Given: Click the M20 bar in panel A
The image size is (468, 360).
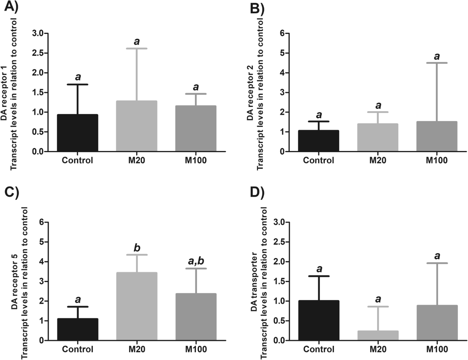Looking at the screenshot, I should click(136, 126).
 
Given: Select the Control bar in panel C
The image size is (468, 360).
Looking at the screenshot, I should click(78, 330).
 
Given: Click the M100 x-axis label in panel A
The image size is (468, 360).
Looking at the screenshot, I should click(195, 160).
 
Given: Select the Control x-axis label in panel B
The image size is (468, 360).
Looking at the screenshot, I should click(318, 160).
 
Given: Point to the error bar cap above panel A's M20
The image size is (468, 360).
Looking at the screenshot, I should click(136, 48).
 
